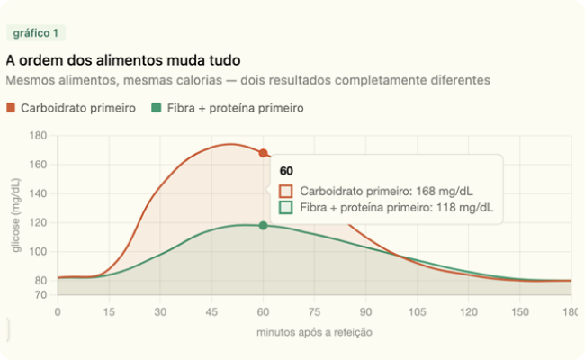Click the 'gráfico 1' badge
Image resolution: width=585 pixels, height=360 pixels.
click(36, 33)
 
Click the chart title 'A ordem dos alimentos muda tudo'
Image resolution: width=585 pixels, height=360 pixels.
click(122, 60)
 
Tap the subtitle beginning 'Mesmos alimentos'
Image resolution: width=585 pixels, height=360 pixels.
click(247, 80)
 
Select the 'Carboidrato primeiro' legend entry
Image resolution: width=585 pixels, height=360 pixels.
click(71, 108)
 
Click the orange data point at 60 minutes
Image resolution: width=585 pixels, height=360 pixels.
click(263, 153)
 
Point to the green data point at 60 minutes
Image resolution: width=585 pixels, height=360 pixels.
click(263, 225)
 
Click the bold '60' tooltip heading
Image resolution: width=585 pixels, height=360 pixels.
click(286, 171)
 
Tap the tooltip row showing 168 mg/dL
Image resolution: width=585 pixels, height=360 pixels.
click(386, 191)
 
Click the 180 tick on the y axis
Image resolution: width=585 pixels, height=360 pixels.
click(38, 136)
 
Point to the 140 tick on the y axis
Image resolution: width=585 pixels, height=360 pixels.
click(38, 193)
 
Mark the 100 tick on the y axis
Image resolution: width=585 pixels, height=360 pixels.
click(38, 251)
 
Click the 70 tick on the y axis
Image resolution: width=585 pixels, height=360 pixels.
click(40, 294)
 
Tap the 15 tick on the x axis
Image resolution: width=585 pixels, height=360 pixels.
click(109, 311)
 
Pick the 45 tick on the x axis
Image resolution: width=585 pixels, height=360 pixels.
click(211, 311)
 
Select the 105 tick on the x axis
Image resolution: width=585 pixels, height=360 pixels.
click(417, 311)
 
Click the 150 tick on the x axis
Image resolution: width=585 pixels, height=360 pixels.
click(519, 311)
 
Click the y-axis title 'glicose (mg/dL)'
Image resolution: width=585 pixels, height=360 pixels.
click(17, 215)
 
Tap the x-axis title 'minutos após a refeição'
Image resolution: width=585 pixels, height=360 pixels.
click(314, 332)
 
